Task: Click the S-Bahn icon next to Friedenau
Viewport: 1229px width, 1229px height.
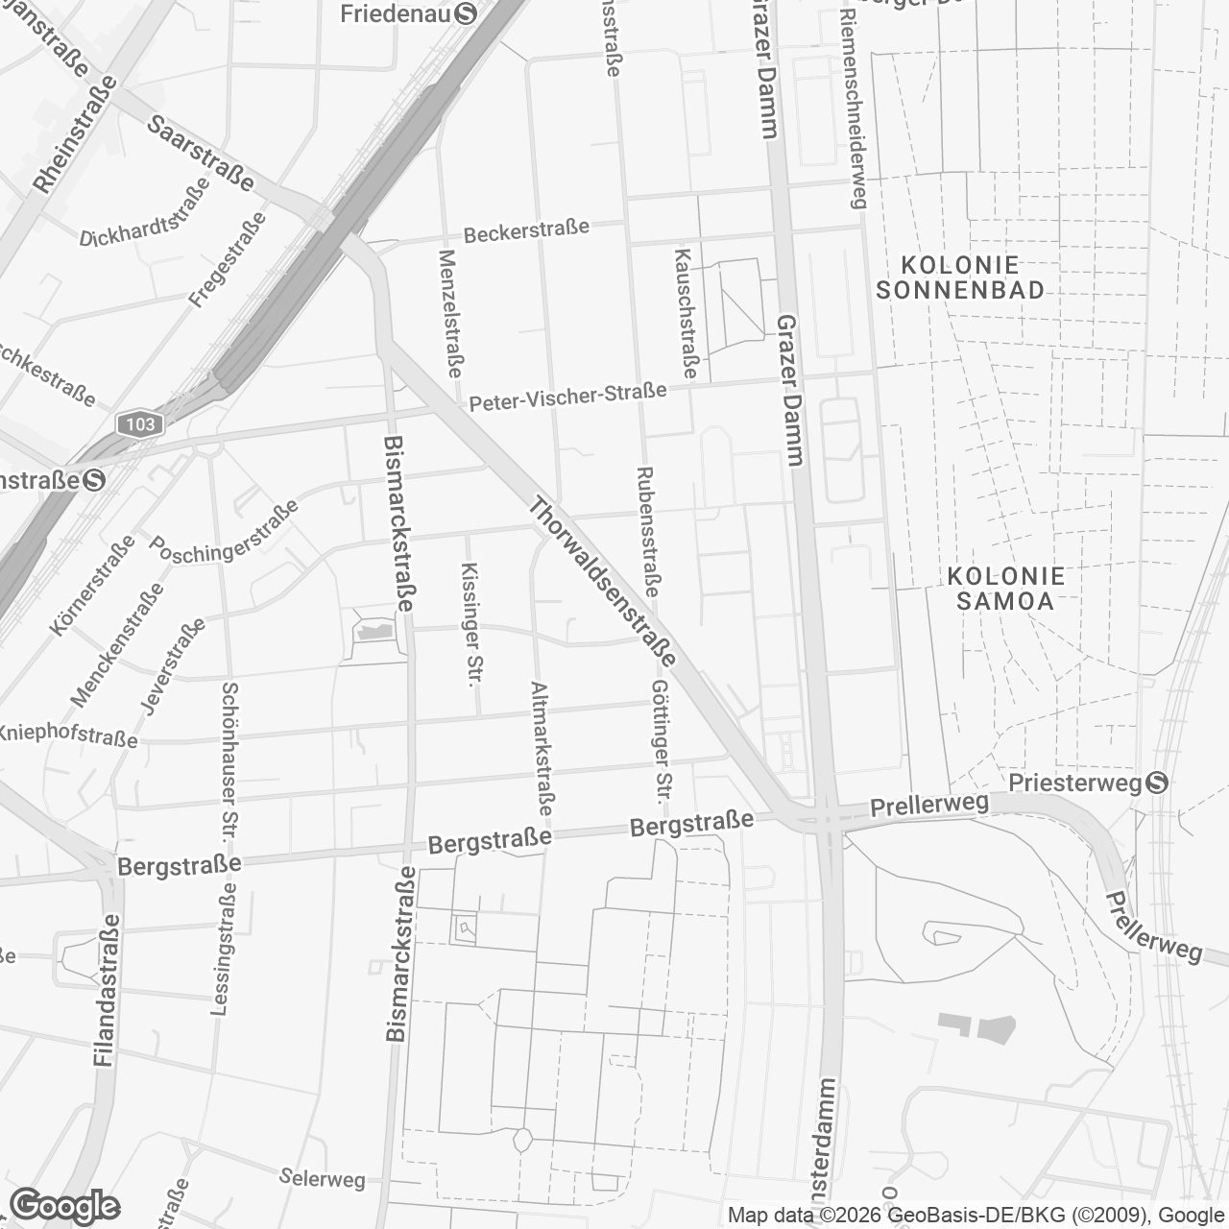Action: (467, 13)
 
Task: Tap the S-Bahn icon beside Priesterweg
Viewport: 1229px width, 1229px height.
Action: (1158, 783)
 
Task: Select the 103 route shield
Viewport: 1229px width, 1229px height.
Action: (139, 423)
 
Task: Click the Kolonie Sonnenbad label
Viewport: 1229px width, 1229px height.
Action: (960, 277)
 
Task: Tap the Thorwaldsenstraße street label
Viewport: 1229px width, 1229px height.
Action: (603, 582)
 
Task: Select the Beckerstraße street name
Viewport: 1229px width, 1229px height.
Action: (526, 231)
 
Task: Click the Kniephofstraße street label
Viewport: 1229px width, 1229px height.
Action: (67, 735)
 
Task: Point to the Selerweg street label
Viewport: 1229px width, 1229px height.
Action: (323, 1177)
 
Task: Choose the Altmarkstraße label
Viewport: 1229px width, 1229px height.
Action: (542, 749)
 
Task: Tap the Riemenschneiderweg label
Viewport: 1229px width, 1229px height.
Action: (853, 110)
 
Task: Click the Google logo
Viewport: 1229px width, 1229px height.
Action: (65, 1206)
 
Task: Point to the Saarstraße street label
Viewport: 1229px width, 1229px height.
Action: (202, 154)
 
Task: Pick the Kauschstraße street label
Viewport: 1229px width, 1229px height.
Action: (687, 313)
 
